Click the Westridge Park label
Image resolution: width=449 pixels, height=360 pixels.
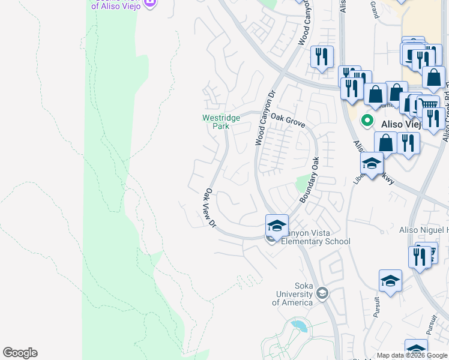(x=221, y=122)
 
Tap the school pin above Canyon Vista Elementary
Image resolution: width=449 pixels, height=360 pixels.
(x=277, y=226)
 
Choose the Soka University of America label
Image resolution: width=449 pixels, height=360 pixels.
(x=292, y=294)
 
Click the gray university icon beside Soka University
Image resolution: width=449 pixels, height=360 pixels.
(x=322, y=293)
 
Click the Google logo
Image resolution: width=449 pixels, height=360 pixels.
(x=20, y=353)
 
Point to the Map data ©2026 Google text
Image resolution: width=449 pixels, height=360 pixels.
(x=412, y=356)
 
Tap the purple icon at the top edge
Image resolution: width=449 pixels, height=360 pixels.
(x=150, y=3)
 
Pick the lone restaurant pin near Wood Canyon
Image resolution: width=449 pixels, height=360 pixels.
(x=322, y=57)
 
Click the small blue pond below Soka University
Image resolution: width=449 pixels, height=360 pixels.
(x=299, y=327)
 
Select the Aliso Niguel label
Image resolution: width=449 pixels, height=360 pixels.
(x=424, y=230)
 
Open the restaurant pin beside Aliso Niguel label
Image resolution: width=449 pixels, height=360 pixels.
(x=419, y=257)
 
